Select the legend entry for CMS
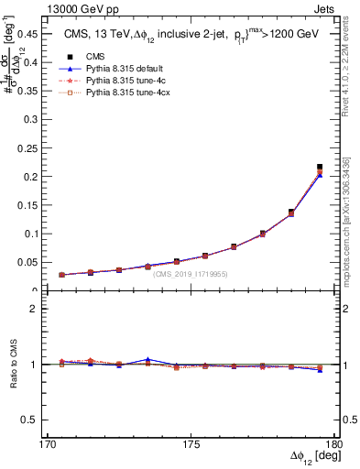pyautogui.click(x=101, y=56)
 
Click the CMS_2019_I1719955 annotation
pyautogui.click(x=191, y=274)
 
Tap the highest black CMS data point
pyautogui.click(x=320, y=167)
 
